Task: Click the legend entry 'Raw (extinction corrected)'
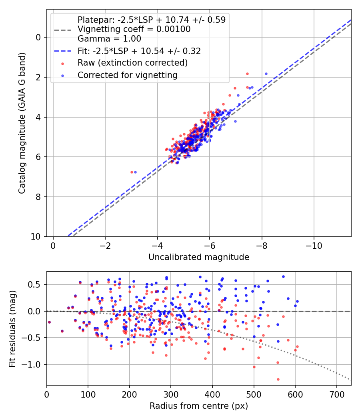132,63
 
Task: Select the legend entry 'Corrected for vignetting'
128,75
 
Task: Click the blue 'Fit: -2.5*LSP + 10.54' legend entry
139,51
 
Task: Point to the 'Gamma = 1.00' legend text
109,39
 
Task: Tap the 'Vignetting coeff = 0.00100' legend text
134,29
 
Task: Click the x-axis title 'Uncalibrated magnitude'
199,257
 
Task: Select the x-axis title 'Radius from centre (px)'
199,406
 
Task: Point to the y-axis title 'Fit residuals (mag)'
12,328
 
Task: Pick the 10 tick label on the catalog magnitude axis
38,237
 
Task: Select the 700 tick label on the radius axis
336,394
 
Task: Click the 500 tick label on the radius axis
254,394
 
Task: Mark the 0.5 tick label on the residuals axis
36,285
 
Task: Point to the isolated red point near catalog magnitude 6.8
132,172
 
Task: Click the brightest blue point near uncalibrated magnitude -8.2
266,74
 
